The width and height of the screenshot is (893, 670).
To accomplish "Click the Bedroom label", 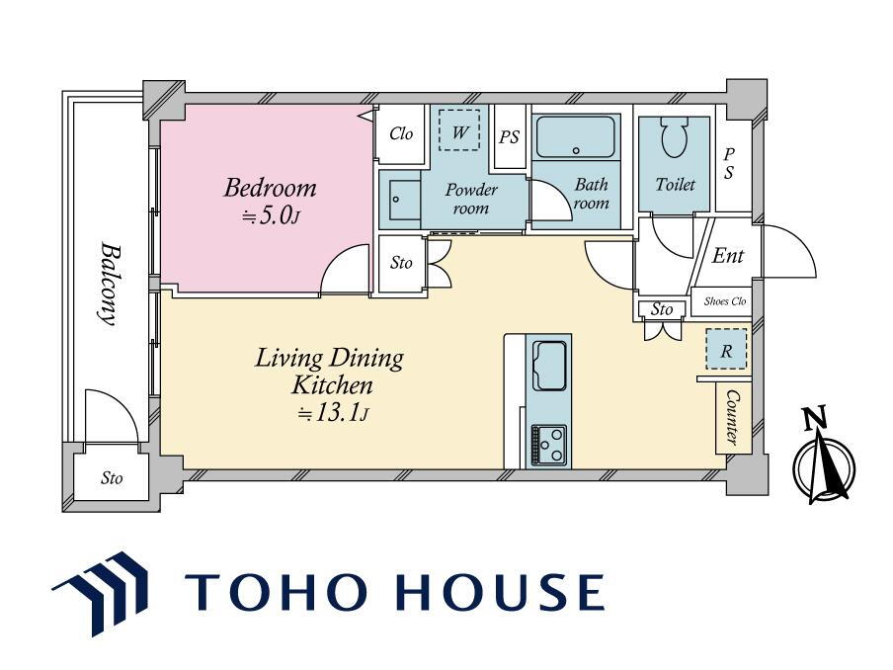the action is tap(270, 188).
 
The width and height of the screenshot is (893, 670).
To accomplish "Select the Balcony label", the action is tap(110, 284).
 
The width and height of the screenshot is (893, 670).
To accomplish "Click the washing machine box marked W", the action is tap(459, 130).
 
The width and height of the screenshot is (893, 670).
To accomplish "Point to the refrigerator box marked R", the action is tap(726, 349).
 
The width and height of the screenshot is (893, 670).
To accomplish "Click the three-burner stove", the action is tap(549, 445).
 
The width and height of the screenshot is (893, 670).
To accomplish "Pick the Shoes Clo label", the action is tap(724, 301).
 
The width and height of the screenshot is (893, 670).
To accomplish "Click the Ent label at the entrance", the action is tap(727, 256).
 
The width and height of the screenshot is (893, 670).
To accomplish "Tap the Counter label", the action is tap(732, 418).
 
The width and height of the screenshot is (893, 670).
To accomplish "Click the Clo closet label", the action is tap(401, 133).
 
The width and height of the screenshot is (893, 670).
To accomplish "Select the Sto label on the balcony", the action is tap(112, 477).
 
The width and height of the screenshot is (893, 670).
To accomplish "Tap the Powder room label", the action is tap(471, 199).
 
